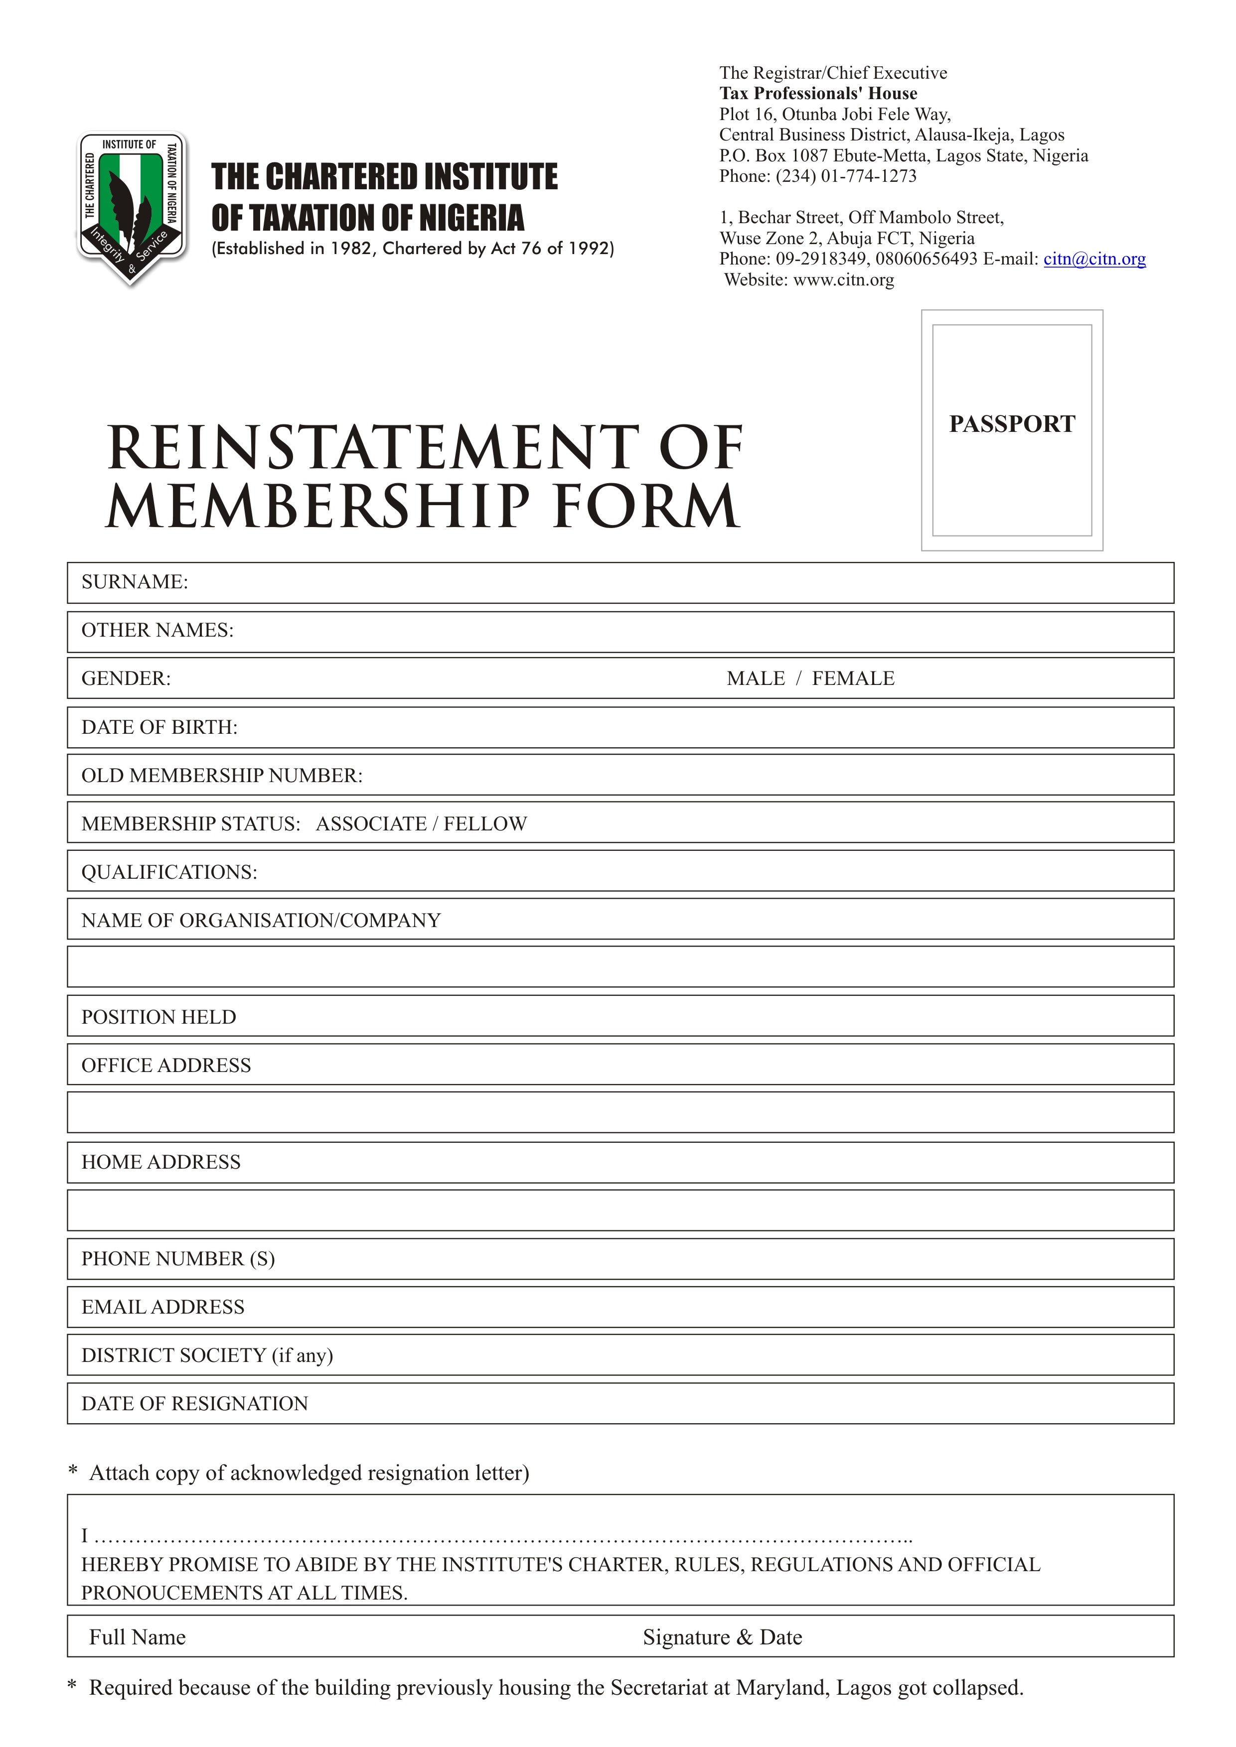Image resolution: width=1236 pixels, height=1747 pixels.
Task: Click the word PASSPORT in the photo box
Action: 1012,424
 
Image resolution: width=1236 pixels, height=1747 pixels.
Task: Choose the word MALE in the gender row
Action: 755,678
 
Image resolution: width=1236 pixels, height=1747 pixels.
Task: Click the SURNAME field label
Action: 134,582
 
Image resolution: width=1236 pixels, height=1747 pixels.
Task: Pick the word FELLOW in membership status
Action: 485,823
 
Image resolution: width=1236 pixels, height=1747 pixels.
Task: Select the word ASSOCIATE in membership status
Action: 371,823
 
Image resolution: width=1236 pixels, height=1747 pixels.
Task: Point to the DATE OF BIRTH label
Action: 159,727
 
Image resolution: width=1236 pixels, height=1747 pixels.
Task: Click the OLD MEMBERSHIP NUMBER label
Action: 221,775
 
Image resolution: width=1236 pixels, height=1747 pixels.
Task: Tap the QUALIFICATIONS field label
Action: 169,872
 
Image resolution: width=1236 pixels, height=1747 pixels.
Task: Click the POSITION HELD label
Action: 158,1017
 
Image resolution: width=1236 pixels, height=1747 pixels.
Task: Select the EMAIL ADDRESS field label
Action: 163,1307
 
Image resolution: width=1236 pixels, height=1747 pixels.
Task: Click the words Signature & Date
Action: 722,1637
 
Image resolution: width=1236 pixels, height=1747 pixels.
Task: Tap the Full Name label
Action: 137,1637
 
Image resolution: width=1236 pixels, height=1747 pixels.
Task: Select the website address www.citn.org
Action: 843,280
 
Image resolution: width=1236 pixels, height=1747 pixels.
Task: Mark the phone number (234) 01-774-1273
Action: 846,176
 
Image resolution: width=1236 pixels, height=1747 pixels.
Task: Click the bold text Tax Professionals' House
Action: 818,94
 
